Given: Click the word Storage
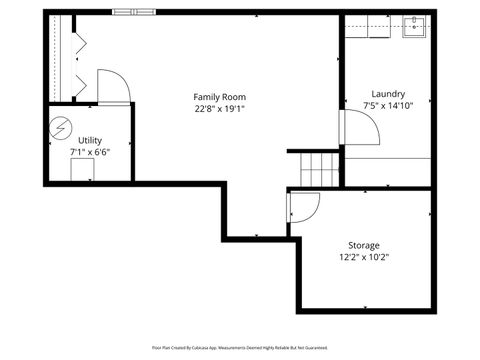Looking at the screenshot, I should [363, 245].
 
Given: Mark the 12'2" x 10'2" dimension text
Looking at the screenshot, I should [363, 257].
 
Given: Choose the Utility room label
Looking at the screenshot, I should [90, 140].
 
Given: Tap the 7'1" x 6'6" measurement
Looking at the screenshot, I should [90, 152].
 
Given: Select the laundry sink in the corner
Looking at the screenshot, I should [415, 27].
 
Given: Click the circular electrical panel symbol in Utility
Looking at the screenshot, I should [61, 127].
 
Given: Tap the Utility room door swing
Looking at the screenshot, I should [112, 86].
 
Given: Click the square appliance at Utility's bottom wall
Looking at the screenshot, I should [82, 169].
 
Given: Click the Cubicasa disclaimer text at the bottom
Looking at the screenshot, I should [240, 347].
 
